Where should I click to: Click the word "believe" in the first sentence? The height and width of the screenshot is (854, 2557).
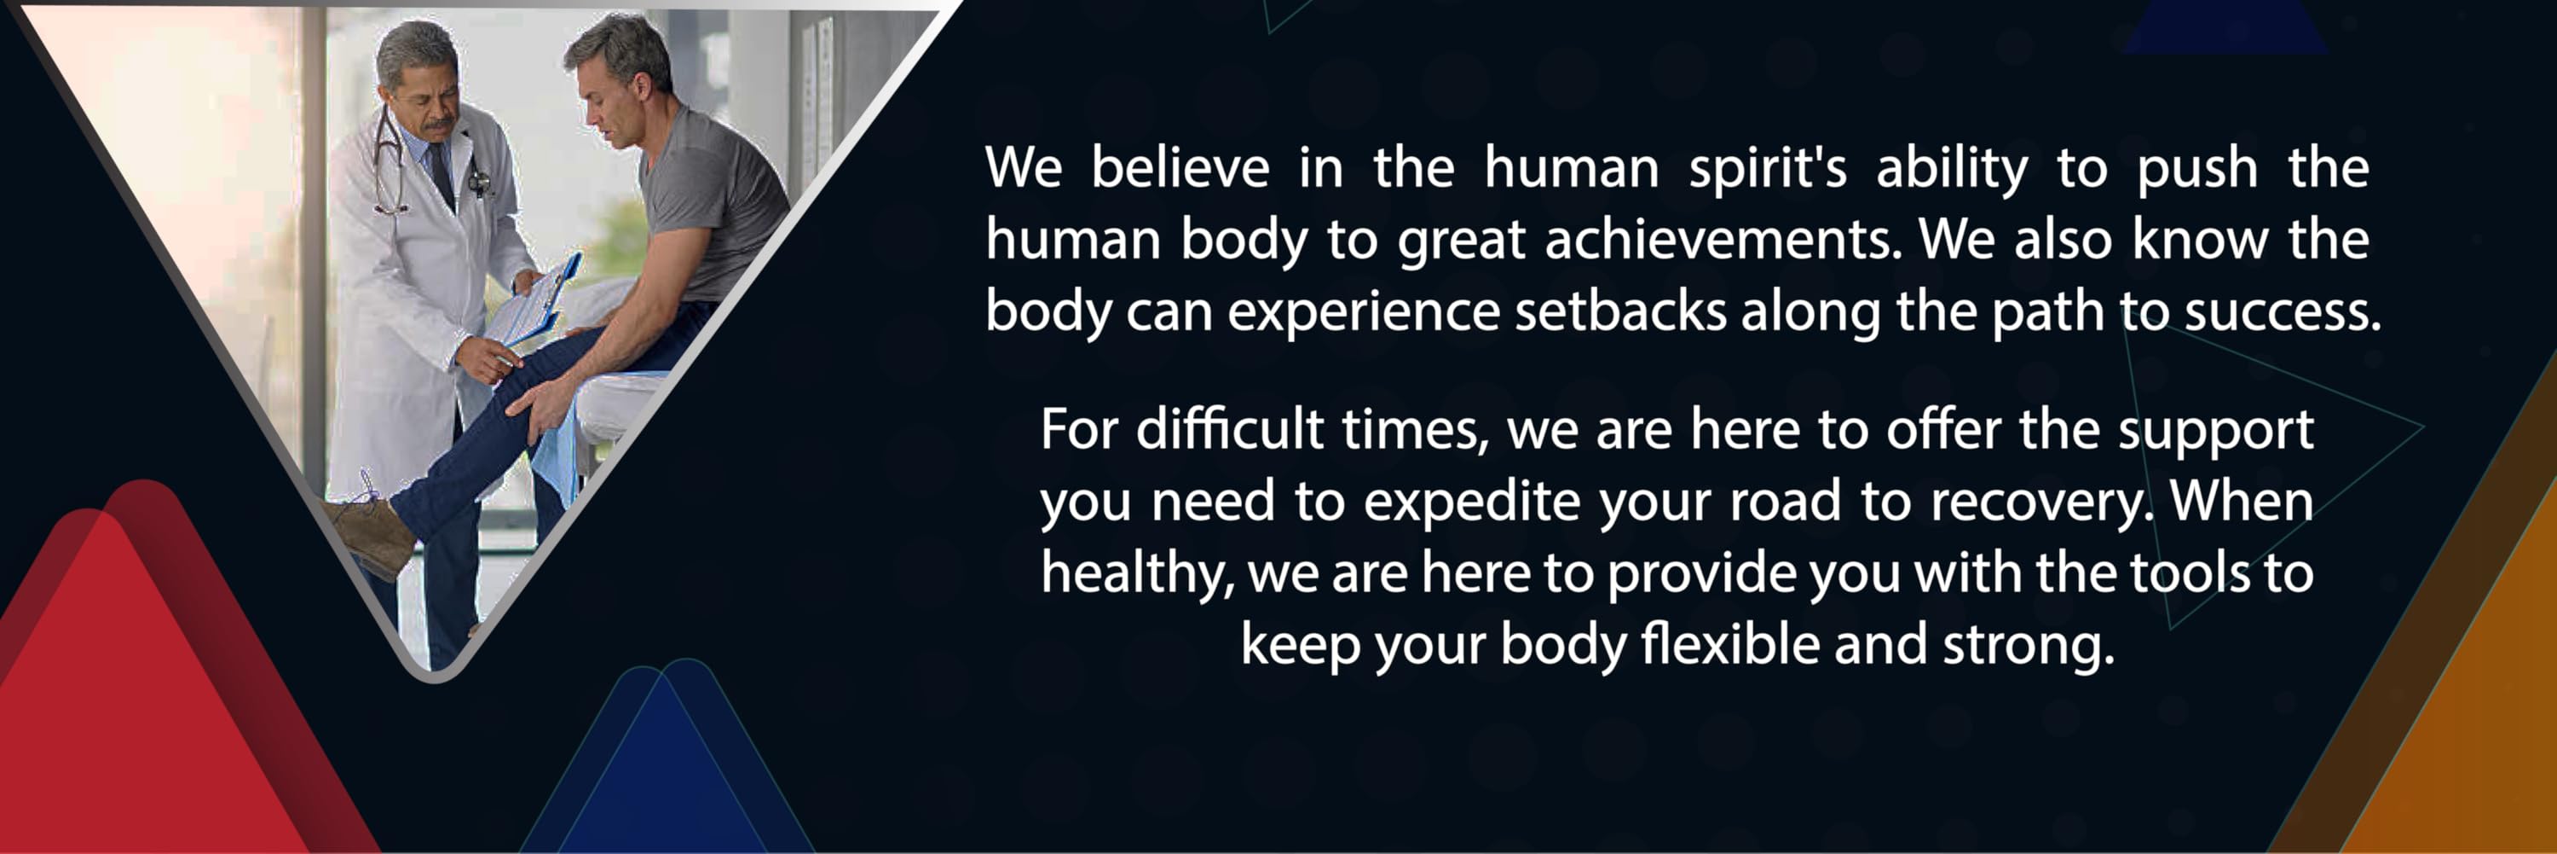tap(1180, 167)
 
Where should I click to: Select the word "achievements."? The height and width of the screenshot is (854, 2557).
tap(1723, 240)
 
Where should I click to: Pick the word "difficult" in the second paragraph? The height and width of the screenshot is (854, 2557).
tap(1230, 429)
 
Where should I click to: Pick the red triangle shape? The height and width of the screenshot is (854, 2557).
tap(149, 695)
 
